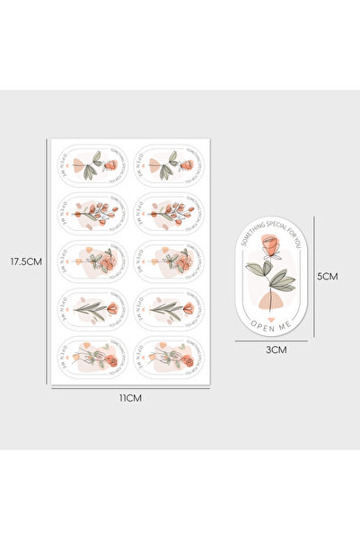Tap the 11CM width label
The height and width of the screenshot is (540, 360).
pyautogui.click(x=132, y=396)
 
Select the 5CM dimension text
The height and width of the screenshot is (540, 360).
pyautogui.click(x=329, y=277)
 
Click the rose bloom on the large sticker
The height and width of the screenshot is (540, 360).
pyautogui.click(x=269, y=245)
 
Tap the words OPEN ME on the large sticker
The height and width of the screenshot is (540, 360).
pyautogui.click(x=269, y=314)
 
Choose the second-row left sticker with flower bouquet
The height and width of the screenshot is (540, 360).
pyautogui.click(x=92, y=213)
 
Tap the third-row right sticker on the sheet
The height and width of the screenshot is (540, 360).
pyautogui.click(x=170, y=261)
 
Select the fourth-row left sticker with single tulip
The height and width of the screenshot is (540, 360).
pyautogui.click(x=92, y=308)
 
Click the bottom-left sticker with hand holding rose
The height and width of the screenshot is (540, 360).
pyautogui.click(x=92, y=356)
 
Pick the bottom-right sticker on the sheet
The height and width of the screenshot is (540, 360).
pyautogui.click(x=170, y=356)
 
